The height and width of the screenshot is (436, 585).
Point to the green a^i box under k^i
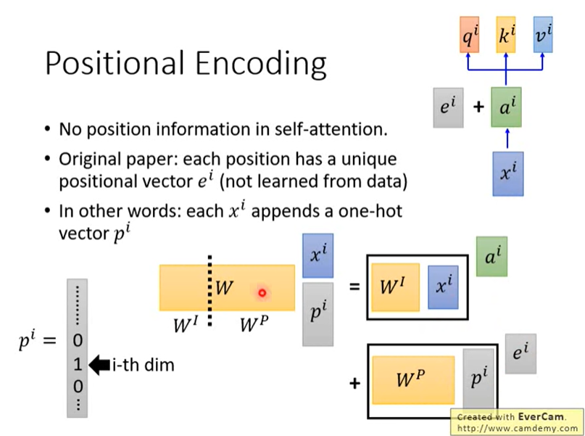[x=506, y=107]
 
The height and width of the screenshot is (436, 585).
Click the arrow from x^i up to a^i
[x=507, y=139]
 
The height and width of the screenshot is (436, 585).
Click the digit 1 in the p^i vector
[x=78, y=365]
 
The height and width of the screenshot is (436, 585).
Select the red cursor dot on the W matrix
[x=262, y=293]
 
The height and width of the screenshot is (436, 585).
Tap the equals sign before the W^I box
[x=354, y=287]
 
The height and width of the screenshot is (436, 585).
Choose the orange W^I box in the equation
[x=395, y=287]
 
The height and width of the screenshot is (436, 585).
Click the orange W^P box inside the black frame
[x=412, y=379]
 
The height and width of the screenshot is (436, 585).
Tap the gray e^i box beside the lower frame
[x=520, y=354]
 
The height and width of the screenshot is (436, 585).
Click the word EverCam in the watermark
[x=537, y=417]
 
